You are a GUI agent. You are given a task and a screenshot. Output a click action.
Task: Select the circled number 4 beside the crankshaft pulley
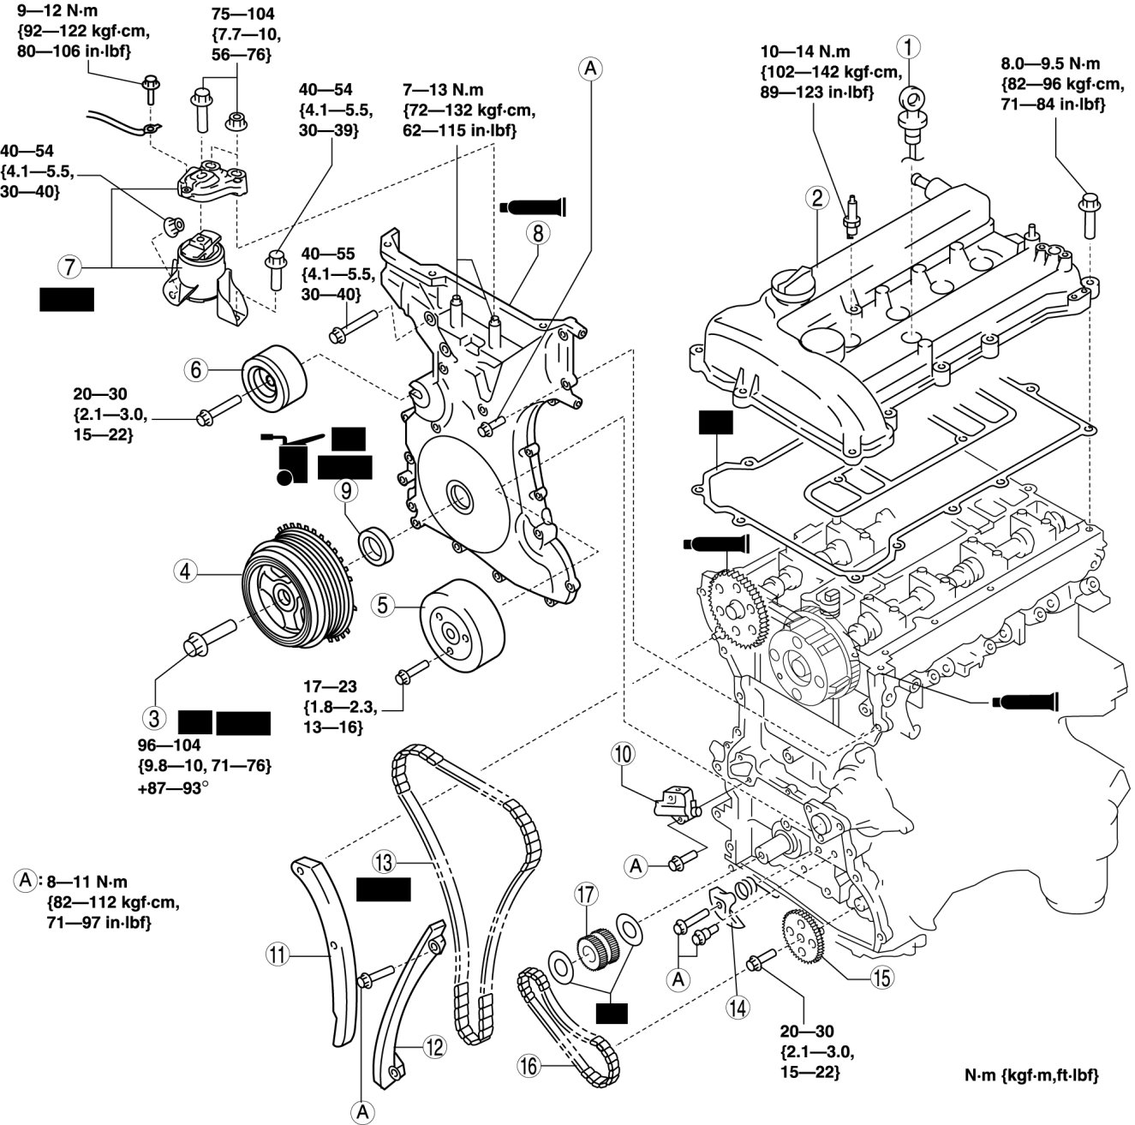184,569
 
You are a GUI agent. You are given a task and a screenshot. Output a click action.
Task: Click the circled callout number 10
623,754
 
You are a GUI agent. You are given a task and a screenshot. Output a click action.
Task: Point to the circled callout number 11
277,953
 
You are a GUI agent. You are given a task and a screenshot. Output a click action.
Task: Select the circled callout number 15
881,974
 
